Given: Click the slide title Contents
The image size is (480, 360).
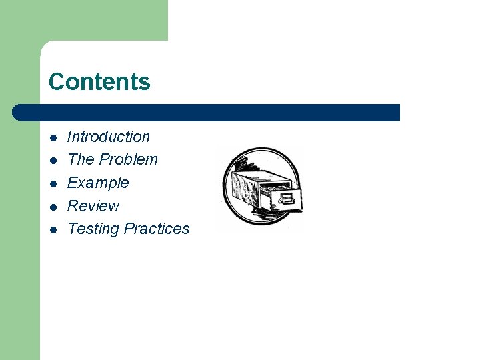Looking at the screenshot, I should [x=99, y=81].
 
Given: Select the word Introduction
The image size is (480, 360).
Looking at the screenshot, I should [x=109, y=137].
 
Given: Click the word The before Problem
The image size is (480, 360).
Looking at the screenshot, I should [x=81, y=159].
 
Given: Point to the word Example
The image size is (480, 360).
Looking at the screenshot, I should [x=98, y=183].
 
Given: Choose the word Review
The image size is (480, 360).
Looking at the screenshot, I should [x=93, y=205].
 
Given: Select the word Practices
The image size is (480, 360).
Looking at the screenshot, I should [x=157, y=229].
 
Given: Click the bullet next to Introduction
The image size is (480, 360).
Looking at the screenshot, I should [x=53, y=137].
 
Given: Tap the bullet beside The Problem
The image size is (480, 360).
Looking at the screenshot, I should [x=53, y=160].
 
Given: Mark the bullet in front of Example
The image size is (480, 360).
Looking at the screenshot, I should [x=53, y=183].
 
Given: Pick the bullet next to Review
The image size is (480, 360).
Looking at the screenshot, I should [x=53, y=206].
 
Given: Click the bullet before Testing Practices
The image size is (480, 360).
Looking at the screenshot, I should [x=53, y=229].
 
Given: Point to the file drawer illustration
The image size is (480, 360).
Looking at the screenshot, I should [x=260, y=189].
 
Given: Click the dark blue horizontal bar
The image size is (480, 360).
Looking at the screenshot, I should [x=213, y=113].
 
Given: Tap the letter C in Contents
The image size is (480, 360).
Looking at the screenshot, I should [x=56, y=81].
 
